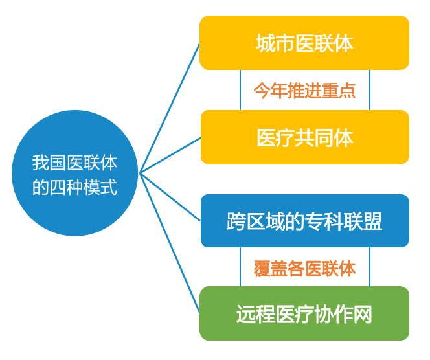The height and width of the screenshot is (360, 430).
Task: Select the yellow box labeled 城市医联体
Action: pyautogui.click(x=304, y=43)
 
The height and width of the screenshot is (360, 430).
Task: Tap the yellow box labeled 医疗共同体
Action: pyautogui.click(x=304, y=137)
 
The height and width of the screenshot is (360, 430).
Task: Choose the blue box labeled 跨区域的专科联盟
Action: pyautogui.click(x=304, y=221)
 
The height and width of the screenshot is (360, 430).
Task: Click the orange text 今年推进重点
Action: pyautogui.click(x=304, y=90)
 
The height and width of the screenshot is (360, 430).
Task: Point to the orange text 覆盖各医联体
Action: pyautogui.click(x=304, y=268)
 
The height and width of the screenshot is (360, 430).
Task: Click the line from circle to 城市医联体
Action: pyautogui.click(x=170, y=107)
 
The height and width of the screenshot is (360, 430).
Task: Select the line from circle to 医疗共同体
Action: pyautogui.click(x=170, y=155)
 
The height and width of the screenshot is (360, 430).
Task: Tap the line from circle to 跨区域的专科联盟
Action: pyautogui.click(x=170, y=197)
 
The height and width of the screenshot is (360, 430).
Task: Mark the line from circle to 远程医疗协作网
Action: pyautogui.click(x=170, y=243)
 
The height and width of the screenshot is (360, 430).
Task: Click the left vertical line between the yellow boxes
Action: pyautogui.click(x=240, y=90)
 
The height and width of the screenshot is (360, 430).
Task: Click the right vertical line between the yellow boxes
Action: pyautogui.click(x=370, y=90)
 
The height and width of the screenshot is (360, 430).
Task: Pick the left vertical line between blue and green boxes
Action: pyautogui.click(x=240, y=267)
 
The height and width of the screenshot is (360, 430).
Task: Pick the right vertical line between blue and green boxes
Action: pyautogui.click(x=370, y=267)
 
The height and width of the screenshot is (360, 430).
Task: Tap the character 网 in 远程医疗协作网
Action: pyautogui.click(x=363, y=314)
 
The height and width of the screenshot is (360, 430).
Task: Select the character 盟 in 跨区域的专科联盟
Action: pyautogui.click(x=372, y=221)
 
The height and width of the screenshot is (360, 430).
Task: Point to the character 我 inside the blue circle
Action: pyautogui.click(x=41, y=163)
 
